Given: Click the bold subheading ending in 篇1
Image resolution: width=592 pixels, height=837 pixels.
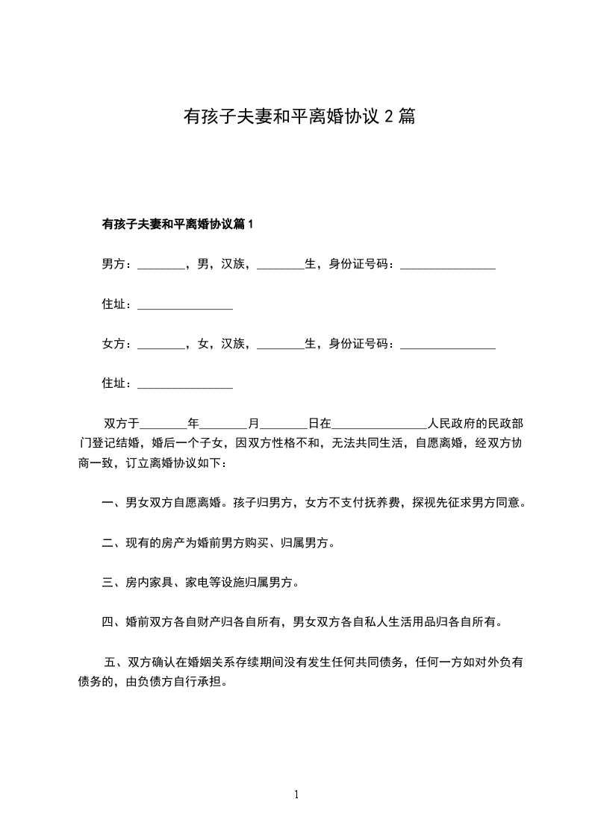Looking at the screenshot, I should [x=178, y=223].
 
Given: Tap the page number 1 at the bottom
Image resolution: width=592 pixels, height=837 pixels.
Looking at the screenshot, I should [x=296, y=794].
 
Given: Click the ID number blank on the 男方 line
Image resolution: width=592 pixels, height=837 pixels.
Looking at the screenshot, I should [x=448, y=266].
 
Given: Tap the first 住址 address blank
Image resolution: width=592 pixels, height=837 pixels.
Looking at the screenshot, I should [x=185, y=306].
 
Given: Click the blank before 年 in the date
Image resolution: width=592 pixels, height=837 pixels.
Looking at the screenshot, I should [x=163, y=425].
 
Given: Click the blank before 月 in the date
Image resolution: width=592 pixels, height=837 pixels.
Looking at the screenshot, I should [x=224, y=425].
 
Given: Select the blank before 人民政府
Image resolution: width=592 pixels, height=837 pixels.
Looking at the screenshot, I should [x=378, y=425].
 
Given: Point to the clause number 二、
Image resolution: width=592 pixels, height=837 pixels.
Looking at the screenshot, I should [x=113, y=543].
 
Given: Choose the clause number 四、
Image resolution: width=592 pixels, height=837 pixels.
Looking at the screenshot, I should [x=113, y=621].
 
